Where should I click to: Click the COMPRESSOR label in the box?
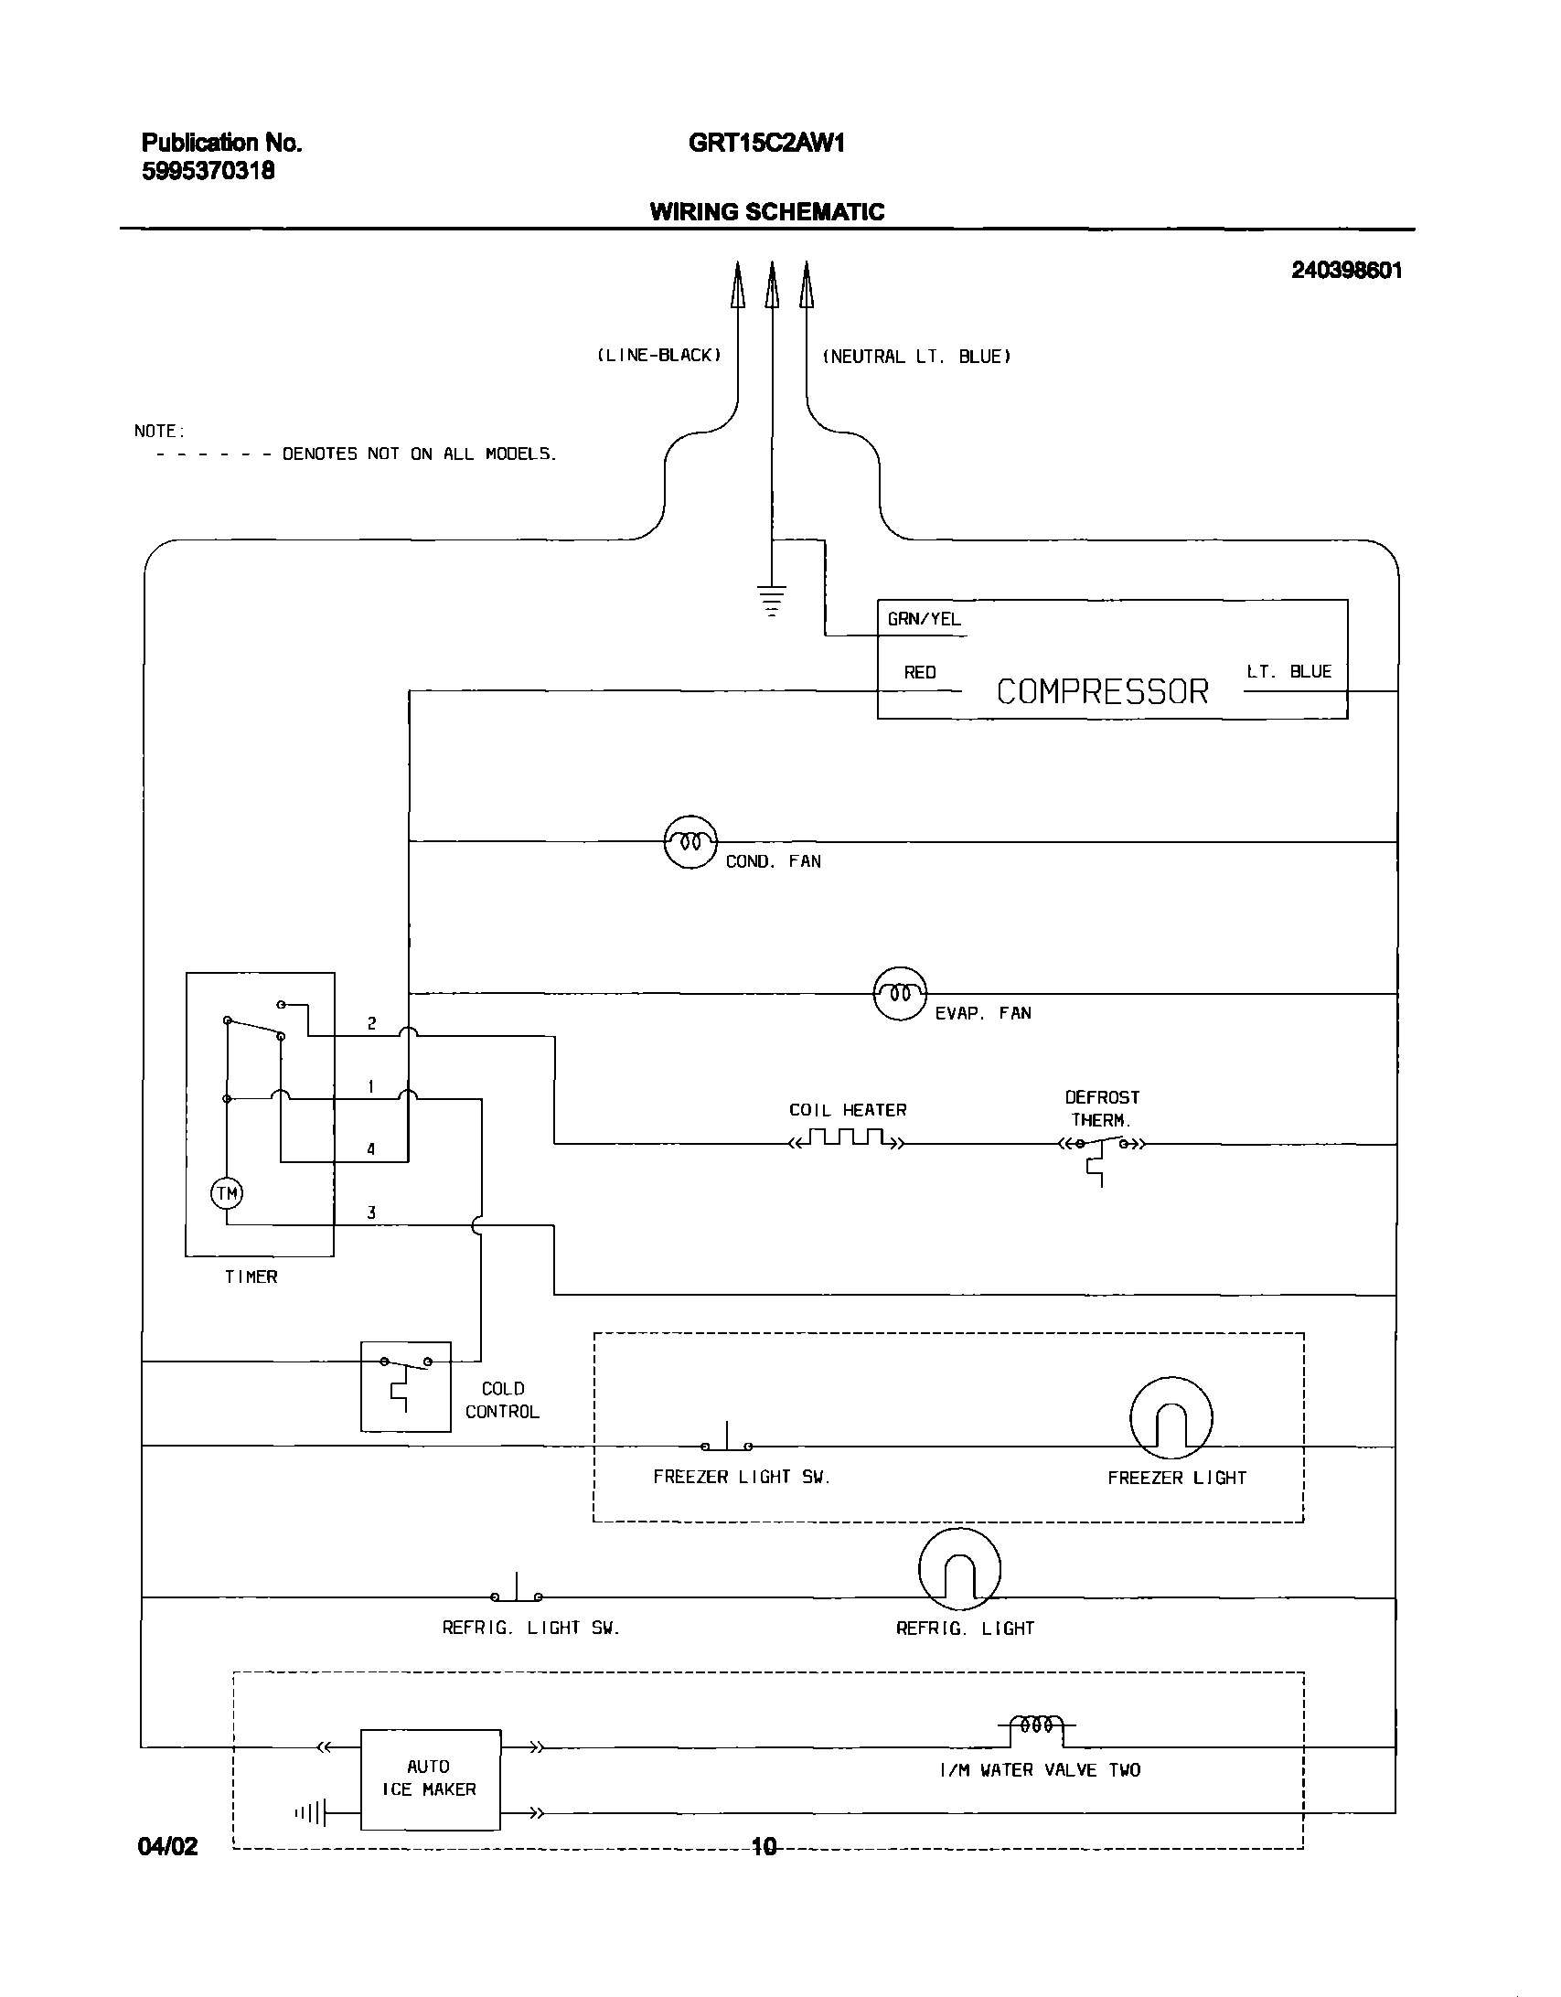1102,691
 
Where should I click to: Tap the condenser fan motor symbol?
690,841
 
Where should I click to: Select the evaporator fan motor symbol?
900,993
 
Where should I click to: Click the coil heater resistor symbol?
847,1139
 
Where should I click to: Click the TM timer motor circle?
227,1192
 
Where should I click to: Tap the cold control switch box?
406,1386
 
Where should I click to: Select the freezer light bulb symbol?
1171,1417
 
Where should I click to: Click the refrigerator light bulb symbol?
959,1569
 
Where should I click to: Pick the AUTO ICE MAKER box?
430,1778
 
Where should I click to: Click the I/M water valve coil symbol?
1036,1725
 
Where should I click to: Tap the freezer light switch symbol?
727,1442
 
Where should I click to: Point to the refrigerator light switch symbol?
517,1593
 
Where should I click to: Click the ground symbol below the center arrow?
773,600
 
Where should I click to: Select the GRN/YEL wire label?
924,619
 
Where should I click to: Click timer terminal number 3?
371,1213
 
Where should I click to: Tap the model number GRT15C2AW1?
766,143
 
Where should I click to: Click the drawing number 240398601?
1346,270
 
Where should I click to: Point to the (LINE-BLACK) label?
658,355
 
